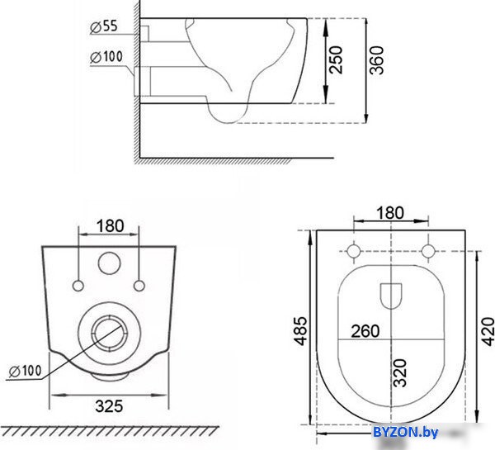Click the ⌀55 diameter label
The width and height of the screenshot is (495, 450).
(104, 26)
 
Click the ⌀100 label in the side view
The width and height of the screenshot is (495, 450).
(106, 57)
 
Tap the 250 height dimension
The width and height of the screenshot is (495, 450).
(336, 60)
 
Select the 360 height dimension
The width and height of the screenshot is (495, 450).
(377, 60)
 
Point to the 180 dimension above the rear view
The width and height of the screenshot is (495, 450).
(111, 226)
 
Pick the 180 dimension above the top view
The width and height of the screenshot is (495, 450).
(390, 213)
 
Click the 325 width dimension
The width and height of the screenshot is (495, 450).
(109, 406)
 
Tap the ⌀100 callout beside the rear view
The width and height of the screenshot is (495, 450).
(26, 371)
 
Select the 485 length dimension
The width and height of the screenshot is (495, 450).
(300, 330)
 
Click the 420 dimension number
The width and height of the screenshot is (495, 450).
(488, 331)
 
